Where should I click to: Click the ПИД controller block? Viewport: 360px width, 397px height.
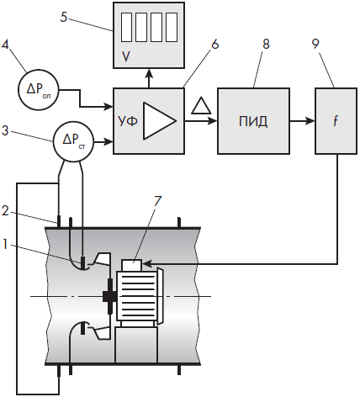(254, 121)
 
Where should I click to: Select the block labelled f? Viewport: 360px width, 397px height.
(336, 121)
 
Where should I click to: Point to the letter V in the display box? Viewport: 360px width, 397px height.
(126, 57)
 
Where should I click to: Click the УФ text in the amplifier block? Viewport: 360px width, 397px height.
(128, 122)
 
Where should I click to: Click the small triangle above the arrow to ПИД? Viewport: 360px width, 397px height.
(201, 105)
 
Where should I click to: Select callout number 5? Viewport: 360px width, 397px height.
(64, 17)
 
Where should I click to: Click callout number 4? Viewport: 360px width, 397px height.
(5, 45)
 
